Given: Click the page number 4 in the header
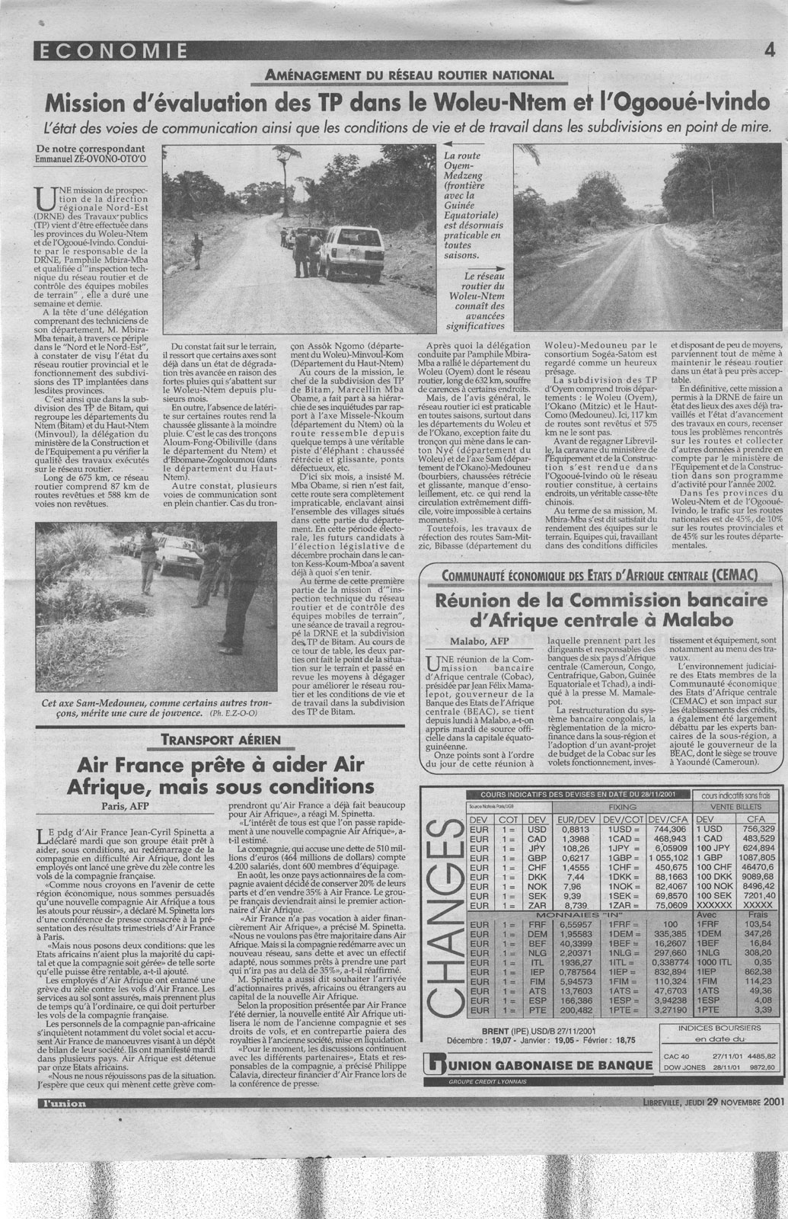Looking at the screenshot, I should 770,51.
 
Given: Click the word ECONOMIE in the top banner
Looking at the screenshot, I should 111,51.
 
